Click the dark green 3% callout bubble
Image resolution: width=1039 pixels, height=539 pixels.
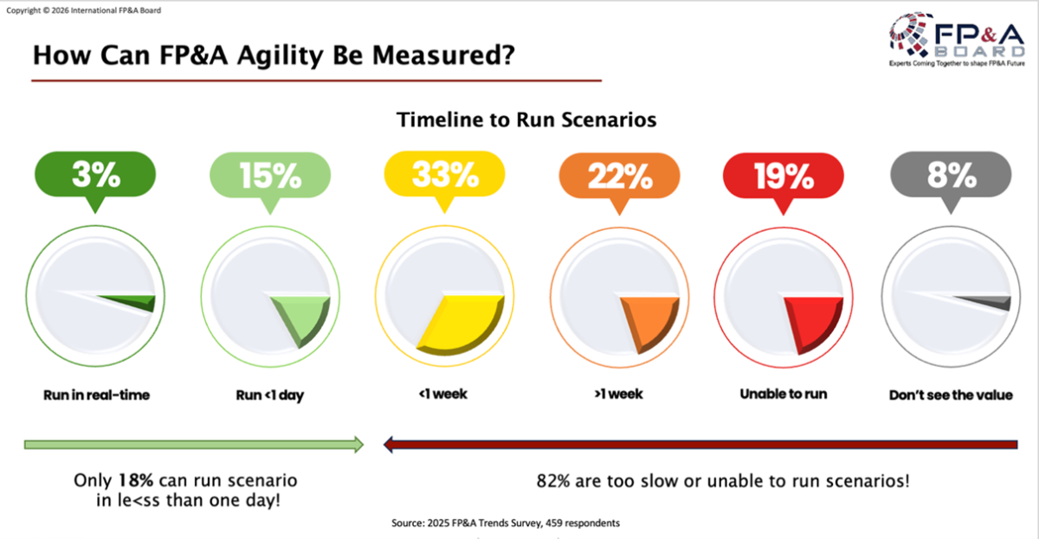point(95,176)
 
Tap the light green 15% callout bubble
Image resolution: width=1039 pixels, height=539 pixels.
point(269,176)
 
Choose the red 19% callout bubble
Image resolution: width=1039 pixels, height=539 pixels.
point(783,176)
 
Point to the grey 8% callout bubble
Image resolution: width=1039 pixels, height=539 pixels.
point(951,176)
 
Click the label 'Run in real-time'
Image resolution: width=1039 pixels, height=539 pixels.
point(97,395)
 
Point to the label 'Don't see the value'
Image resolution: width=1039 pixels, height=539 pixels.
point(951,395)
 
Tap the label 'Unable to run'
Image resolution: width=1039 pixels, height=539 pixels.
point(783,394)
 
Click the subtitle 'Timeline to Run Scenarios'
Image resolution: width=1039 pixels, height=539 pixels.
point(526,120)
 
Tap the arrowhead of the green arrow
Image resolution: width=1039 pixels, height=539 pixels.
point(357,445)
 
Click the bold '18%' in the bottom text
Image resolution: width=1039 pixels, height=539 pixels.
point(130,480)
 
